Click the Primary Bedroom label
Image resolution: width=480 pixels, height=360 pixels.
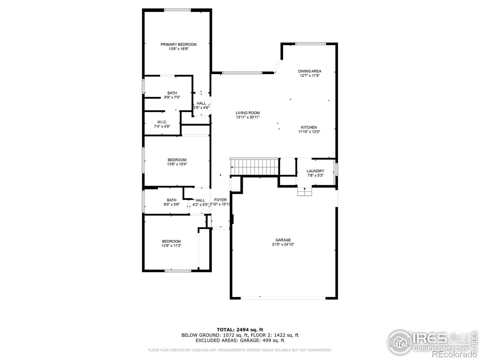click(x=178, y=44)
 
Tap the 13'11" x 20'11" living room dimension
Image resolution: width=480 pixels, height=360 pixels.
click(x=247, y=117)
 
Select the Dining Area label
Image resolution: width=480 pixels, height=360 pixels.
click(x=310, y=71)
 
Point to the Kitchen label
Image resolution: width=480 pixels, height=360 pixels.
click(x=309, y=127)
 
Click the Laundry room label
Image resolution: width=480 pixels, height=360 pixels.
click(x=315, y=171)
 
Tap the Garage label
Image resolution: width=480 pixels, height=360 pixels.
click(x=283, y=240)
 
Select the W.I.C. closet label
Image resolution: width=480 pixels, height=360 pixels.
click(x=162, y=122)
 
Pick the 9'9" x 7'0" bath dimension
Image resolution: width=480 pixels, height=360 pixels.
click(x=172, y=97)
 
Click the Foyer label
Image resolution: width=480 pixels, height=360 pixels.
click(x=220, y=200)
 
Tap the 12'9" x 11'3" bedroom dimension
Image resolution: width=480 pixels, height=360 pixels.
click(x=171, y=245)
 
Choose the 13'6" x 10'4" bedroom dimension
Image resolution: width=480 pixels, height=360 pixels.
click(x=177, y=164)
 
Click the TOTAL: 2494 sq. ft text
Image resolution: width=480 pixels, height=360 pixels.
click(x=240, y=330)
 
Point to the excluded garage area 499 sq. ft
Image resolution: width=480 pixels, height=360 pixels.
click(x=240, y=340)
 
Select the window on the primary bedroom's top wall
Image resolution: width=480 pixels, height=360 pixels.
click(x=177, y=10)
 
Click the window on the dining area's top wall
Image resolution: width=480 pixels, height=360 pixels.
click(x=310, y=44)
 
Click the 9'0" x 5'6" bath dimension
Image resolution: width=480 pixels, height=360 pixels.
click(x=172, y=204)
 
